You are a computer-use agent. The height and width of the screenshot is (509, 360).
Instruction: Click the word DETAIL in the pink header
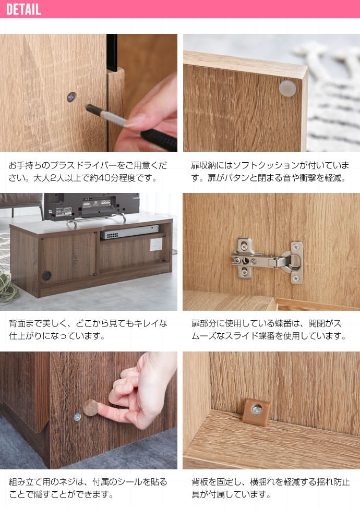[x=23, y=9]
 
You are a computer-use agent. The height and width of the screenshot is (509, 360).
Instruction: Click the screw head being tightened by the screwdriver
[x=71, y=96]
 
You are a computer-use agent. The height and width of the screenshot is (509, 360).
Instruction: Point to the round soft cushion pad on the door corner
[x=287, y=89]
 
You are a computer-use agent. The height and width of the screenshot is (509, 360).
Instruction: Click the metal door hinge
[x=267, y=260]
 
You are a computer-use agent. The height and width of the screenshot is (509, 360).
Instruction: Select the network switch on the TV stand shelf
[x=129, y=232]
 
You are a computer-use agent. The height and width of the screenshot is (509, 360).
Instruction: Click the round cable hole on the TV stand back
[x=46, y=275]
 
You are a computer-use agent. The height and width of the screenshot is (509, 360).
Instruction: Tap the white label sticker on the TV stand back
[x=156, y=244]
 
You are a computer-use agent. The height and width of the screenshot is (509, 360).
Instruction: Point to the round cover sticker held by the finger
[x=91, y=408]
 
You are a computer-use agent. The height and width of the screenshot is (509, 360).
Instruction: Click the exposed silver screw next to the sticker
[x=77, y=417]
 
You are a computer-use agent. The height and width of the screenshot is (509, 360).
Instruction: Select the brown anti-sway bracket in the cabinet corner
[x=257, y=412]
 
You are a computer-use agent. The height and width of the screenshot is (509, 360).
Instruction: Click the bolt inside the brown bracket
[x=257, y=410]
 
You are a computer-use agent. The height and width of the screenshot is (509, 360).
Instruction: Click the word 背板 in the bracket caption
[x=200, y=482]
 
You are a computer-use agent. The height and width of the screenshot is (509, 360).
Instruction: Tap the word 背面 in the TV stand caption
[x=17, y=323]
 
